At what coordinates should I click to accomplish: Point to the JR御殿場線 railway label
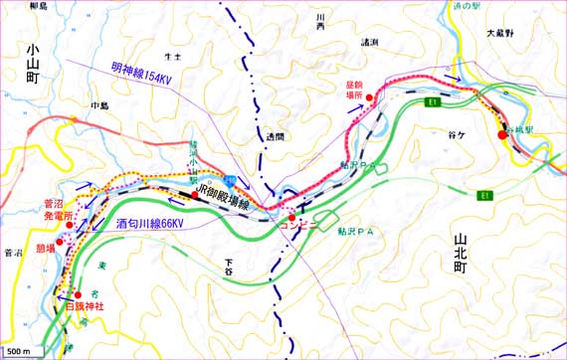[230, 190]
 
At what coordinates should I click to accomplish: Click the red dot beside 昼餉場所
[370, 95]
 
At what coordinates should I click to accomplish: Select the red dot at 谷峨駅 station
[502, 135]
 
